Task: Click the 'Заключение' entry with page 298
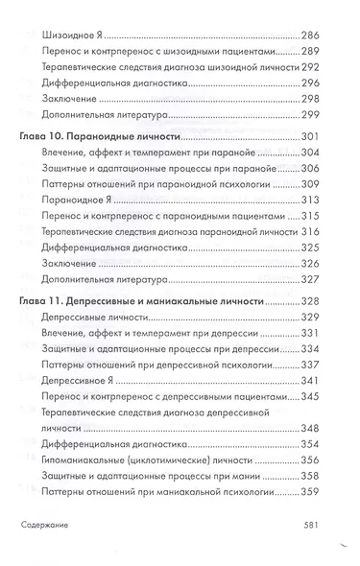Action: tap(71, 101)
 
